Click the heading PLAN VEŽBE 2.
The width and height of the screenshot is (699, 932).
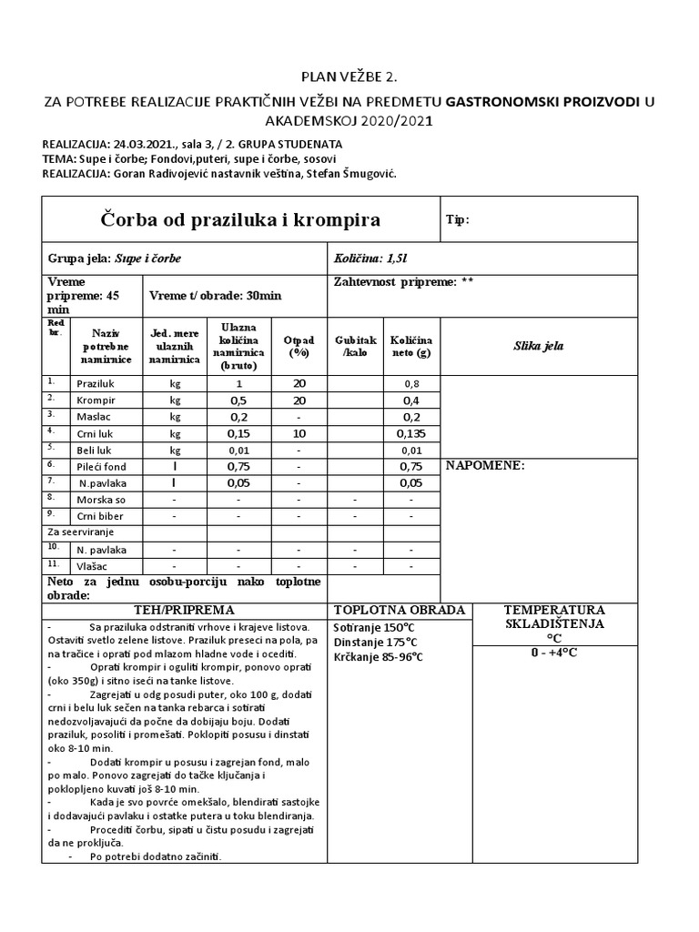tap(349, 79)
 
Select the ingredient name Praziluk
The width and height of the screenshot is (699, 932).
tap(96, 384)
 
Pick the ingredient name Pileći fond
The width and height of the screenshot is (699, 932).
tap(101, 465)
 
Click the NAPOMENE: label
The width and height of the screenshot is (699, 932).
tap(485, 465)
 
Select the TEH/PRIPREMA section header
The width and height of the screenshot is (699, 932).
tap(185, 610)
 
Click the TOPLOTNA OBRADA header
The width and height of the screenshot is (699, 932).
tap(400, 610)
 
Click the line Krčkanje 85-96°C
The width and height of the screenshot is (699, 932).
tap(380, 657)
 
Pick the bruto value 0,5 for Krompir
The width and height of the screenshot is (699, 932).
tap(238, 400)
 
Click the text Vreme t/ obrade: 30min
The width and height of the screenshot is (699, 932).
tap(216, 296)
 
